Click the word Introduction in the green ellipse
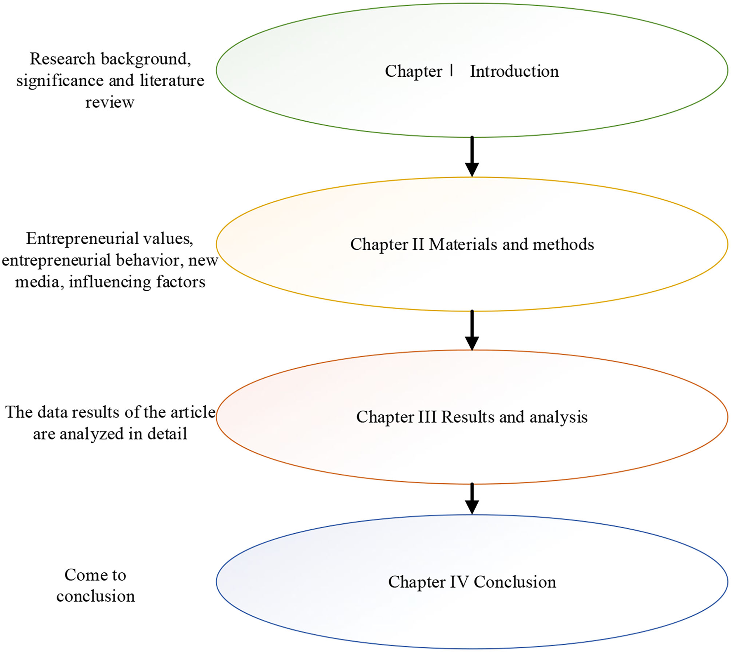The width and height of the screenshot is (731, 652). coord(514,71)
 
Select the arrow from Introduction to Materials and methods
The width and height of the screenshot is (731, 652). coord(472,157)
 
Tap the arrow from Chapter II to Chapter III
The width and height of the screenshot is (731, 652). coord(472,330)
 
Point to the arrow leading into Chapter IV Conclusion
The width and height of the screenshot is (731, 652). coord(472,499)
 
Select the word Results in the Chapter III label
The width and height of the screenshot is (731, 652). coord(468,417)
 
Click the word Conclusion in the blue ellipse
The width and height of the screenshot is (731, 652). coord(515,582)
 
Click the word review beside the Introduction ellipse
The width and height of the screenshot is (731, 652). coord(110,102)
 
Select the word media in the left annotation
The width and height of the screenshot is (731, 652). coord(37,282)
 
